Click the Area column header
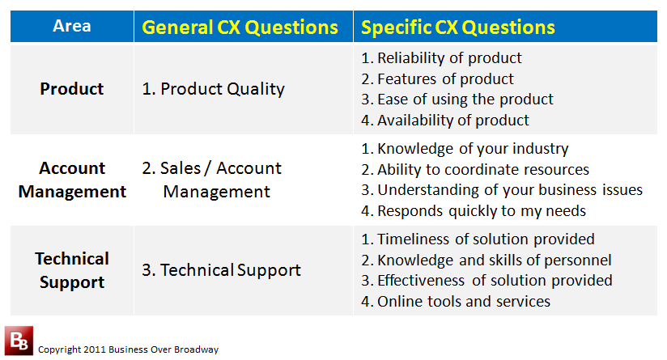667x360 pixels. tap(72, 26)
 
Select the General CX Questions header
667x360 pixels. tap(240, 28)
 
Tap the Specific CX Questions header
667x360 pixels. tap(458, 28)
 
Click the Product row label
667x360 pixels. tap(72, 89)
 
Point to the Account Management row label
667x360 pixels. tap(72, 180)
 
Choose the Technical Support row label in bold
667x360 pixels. tap(72, 270)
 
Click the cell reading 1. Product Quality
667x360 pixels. tap(213, 89)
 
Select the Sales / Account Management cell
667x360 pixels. tap(211, 180)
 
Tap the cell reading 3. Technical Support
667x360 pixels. tap(221, 270)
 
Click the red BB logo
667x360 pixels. tap(19, 341)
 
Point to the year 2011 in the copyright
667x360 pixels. tap(95, 349)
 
